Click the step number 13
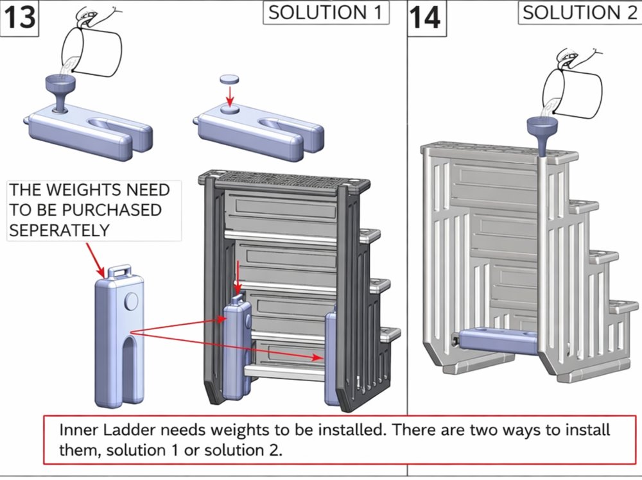tap(19, 17)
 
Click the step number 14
tap(425, 17)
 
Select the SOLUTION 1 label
tap(326, 13)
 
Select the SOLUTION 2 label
tap(579, 13)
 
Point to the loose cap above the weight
tap(230, 79)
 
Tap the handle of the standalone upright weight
tap(119, 272)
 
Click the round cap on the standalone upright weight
tap(132, 302)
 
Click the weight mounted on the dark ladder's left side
tap(236, 347)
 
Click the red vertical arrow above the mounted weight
tap(238, 276)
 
